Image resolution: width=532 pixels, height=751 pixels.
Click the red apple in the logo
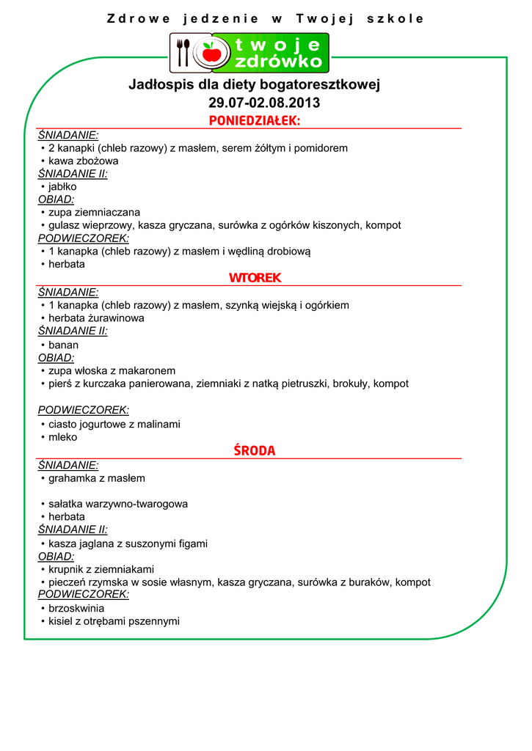(212, 52)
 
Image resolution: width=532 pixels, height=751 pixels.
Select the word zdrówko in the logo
(279, 62)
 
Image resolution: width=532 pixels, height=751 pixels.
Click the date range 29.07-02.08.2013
(264, 103)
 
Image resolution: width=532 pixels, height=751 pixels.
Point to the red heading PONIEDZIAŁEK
(255, 120)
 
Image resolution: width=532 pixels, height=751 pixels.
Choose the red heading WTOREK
(255, 278)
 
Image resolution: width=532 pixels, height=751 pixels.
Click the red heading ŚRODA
(255, 451)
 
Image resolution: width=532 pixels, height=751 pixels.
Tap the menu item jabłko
(62, 187)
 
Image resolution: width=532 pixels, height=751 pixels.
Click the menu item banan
(63, 345)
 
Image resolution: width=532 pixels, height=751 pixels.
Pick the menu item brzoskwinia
(76, 609)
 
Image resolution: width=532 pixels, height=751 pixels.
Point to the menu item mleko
(62, 437)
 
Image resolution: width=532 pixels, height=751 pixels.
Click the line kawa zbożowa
(83, 161)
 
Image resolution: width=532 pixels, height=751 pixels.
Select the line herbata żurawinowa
(96, 318)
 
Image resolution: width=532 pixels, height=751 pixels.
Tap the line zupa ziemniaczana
(94, 213)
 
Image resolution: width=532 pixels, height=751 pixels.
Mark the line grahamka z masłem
(97, 478)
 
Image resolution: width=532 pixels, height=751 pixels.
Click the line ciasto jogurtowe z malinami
(114, 424)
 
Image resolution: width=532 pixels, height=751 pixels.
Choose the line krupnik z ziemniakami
(101, 569)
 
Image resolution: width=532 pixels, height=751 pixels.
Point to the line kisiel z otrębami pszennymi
(114, 621)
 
